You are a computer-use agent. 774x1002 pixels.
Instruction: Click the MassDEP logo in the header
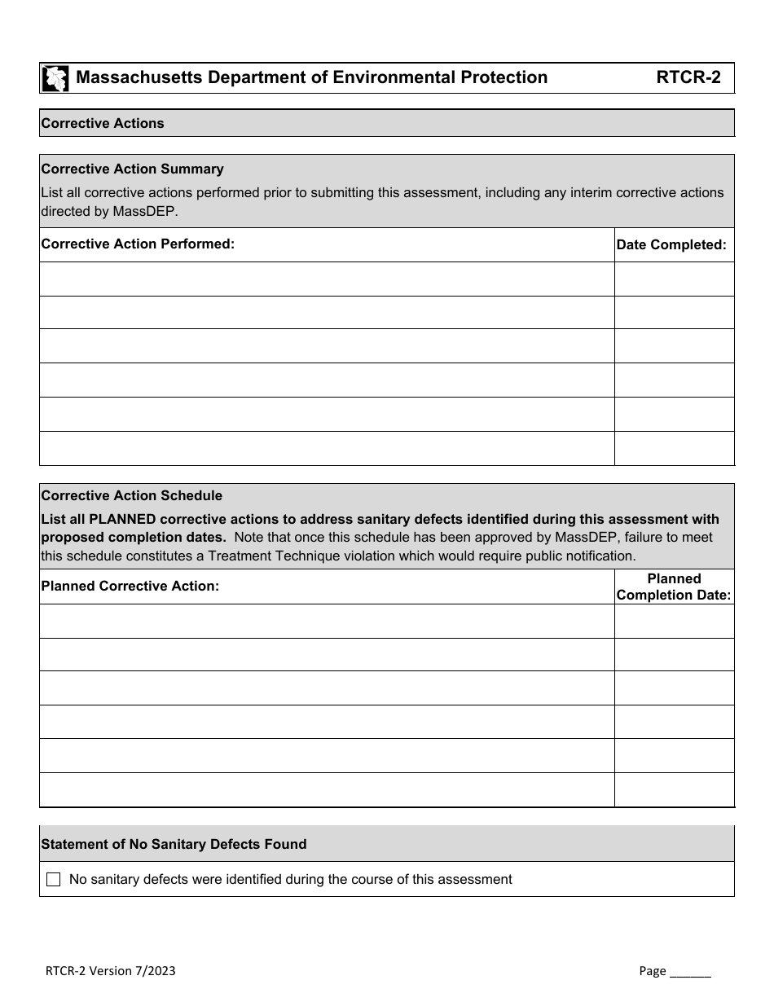tap(55, 78)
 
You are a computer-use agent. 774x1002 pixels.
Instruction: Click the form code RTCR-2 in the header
tap(688, 77)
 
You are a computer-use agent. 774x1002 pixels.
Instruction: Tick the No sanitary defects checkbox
tap(54, 880)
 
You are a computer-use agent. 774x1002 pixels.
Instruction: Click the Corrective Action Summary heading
tap(132, 169)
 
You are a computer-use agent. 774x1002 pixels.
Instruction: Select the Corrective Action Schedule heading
tap(131, 496)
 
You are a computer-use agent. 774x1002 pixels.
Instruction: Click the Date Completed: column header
tap(671, 244)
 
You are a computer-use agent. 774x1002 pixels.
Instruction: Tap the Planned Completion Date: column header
tap(674, 587)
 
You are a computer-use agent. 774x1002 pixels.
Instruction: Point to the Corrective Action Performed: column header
tap(138, 244)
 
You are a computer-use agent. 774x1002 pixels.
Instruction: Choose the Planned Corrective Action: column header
tap(130, 586)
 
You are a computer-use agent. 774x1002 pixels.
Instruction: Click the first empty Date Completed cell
tap(674, 279)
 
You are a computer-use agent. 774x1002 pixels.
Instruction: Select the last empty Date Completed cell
tap(674, 449)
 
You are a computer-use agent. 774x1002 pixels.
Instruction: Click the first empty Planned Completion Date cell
tap(674, 621)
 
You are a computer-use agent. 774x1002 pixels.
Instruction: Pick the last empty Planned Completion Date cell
tap(674, 790)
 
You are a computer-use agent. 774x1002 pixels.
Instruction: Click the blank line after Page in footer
tap(690, 971)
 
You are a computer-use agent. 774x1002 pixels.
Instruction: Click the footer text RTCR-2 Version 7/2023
tap(110, 971)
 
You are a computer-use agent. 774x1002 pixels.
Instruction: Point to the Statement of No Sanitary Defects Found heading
tap(174, 845)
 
